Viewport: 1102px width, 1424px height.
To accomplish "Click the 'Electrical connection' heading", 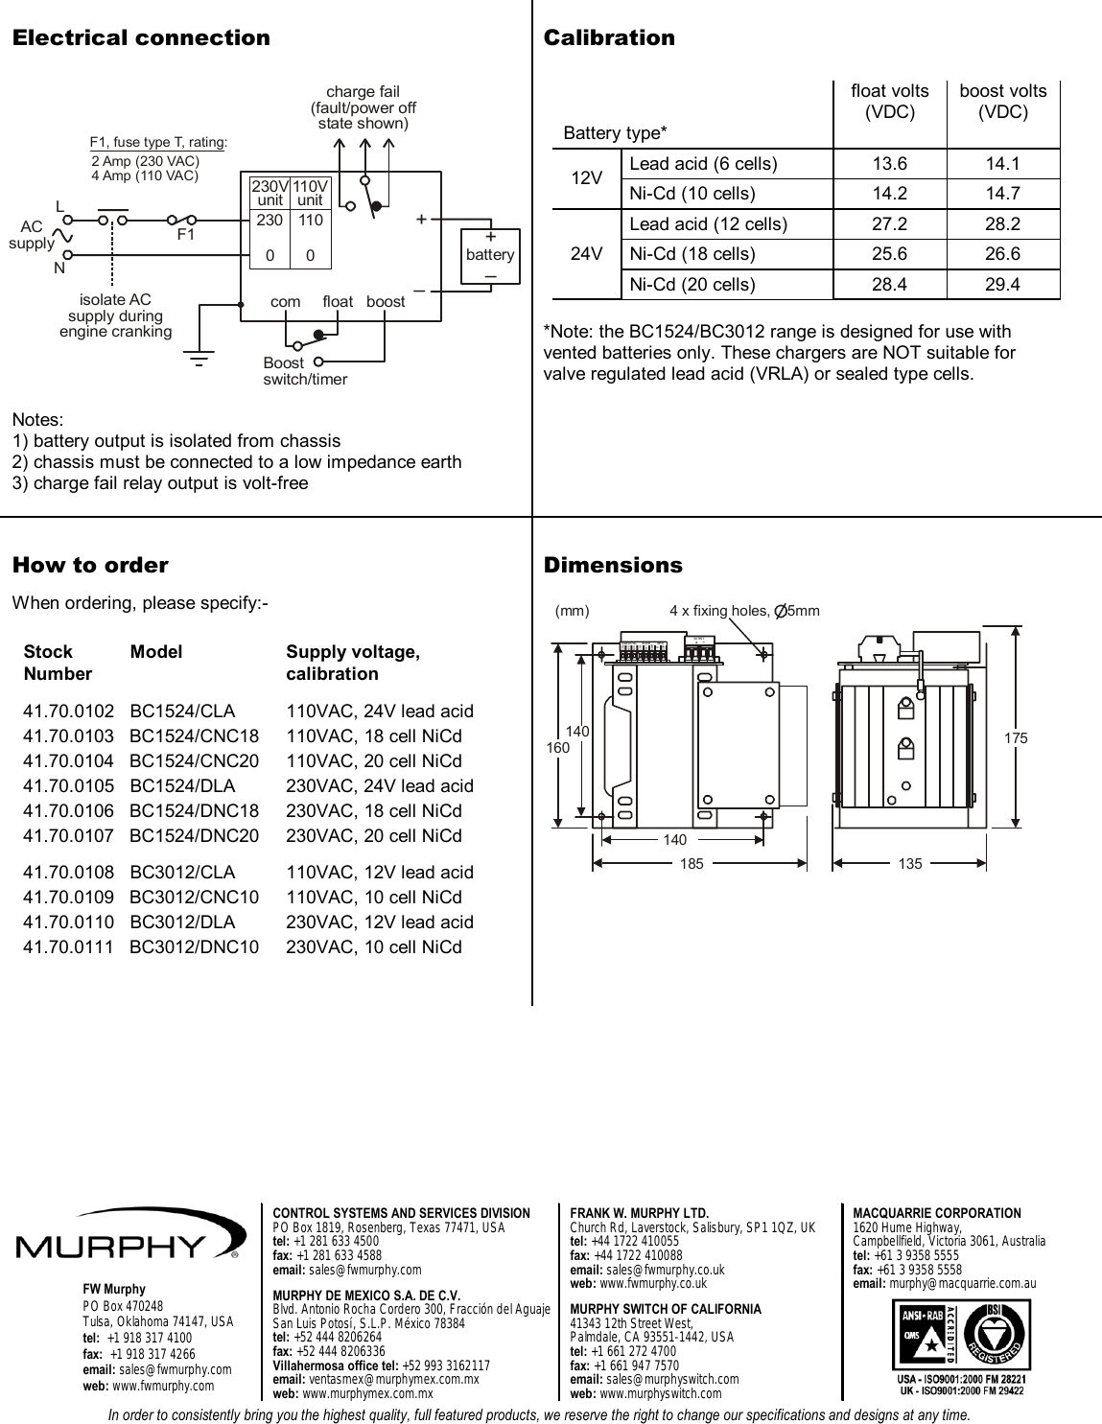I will pos(141,38).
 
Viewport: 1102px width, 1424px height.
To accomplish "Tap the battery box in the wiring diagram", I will pos(490,255).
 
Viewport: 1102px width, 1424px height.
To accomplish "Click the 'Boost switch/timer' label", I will pos(304,371).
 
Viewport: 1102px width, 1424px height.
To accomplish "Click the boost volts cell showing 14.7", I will pos(1002,194).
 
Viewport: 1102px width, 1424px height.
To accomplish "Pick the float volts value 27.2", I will pos(889,224).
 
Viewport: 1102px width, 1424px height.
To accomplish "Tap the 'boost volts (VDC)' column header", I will pos(1002,101).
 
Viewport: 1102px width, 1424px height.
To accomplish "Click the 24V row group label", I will pos(586,254).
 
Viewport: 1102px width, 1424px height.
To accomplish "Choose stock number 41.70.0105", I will pos(68,786).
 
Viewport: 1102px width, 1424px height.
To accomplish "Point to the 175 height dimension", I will pos(1016,738).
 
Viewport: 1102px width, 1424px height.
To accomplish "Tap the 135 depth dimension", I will pos(910,864).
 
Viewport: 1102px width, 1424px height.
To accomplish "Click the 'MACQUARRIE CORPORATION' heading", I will pos(936,1213).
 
